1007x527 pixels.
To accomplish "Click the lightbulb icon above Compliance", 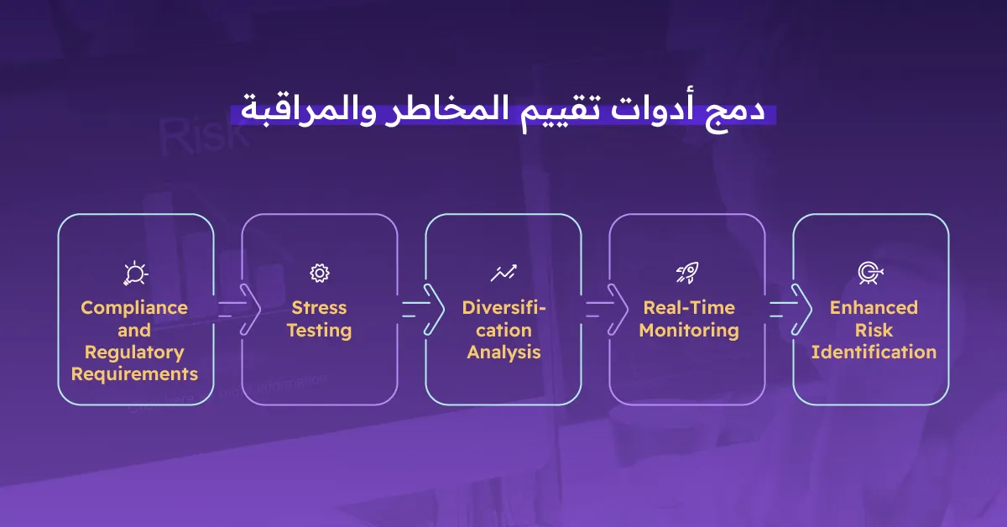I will [134, 273].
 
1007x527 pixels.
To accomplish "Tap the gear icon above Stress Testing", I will [319, 273].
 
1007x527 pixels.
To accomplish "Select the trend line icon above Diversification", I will [503, 273].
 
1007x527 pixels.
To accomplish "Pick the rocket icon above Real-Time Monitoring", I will [686, 273].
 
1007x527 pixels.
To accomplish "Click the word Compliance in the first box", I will [134, 307].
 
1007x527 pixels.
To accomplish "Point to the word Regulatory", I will [134, 352].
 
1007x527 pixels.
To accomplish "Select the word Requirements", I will [134, 373].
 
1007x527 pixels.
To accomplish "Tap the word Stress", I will [319, 307].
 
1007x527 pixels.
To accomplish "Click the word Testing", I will [319, 330].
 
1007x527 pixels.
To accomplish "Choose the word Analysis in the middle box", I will [503, 352].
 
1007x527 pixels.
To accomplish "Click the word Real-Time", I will [688, 307].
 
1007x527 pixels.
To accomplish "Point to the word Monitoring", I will [688, 330].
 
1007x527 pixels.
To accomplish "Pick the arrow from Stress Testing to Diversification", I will [422, 308].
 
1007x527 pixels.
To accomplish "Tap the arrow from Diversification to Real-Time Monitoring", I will [606, 308].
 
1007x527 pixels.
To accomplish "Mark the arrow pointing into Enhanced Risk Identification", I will [790, 308].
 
